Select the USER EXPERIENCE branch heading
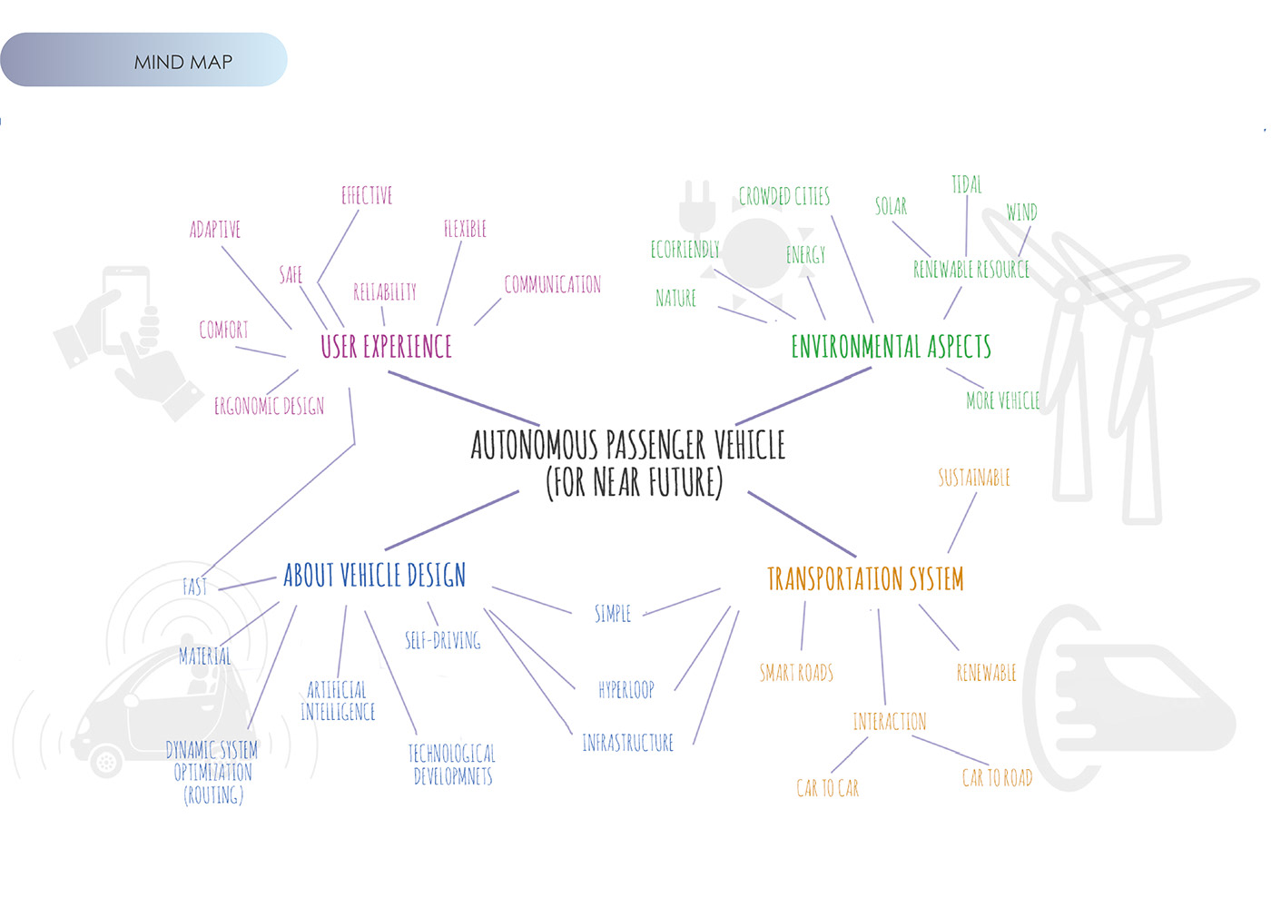click(386, 347)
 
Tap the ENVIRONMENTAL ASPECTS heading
click(891, 347)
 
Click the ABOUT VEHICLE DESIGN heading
click(374, 576)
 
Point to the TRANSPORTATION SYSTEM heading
click(865, 579)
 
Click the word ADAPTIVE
click(215, 230)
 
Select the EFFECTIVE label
click(367, 195)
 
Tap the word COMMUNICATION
click(552, 285)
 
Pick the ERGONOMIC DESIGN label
click(269, 406)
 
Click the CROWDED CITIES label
click(783, 196)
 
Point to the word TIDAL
click(966, 185)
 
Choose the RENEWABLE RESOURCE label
click(970, 270)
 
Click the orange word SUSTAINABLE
click(973, 478)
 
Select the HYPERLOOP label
click(626, 690)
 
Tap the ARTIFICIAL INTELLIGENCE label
click(338, 701)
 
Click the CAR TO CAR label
click(827, 788)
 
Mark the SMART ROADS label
click(796, 673)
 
